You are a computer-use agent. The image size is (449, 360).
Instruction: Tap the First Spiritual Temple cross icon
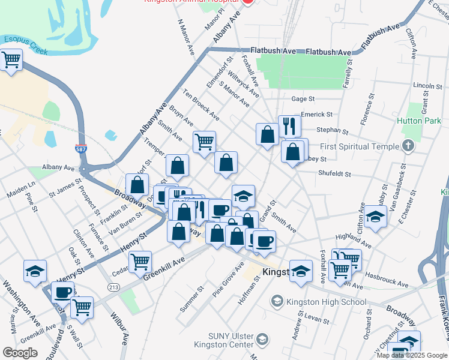coord(408,146)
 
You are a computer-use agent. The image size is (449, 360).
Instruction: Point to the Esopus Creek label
coord(25,45)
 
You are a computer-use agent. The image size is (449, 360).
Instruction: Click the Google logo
coord(20,353)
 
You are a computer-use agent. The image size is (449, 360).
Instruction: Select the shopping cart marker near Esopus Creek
coord(11,60)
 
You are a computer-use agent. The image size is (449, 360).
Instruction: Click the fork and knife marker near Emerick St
coord(289,126)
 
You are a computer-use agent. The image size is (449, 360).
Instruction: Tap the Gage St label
coord(303,98)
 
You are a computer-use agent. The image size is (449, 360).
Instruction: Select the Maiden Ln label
coord(21,191)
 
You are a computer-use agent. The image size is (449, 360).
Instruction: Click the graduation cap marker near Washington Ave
coord(35,271)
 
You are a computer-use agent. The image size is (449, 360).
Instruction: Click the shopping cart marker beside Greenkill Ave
coord(140,261)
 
